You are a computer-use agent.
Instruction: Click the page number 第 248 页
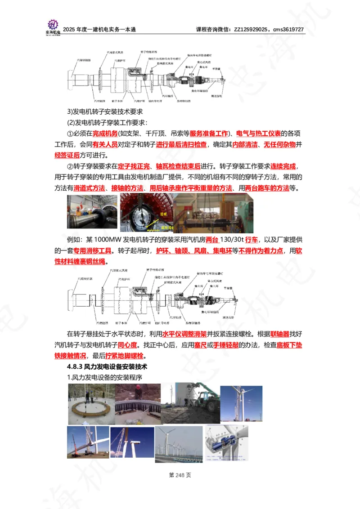180,475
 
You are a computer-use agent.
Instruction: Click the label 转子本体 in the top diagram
111,101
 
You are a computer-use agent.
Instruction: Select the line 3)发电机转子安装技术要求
105,112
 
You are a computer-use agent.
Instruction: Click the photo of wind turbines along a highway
178,444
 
